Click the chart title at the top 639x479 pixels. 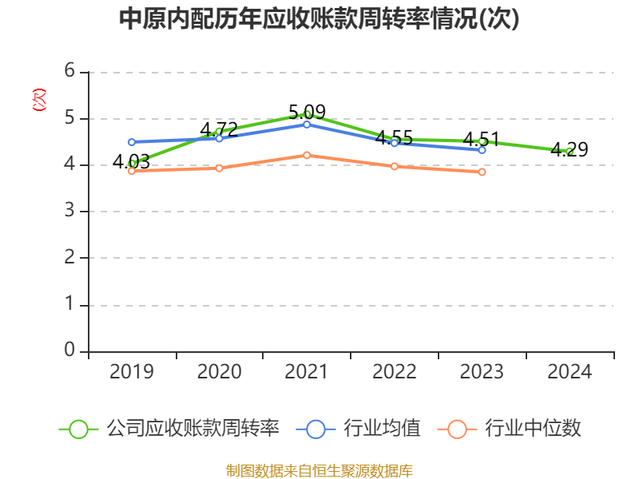point(319,19)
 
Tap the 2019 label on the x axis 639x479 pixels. point(132,371)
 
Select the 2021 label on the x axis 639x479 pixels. point(307,371)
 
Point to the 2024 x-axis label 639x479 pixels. point(570,371)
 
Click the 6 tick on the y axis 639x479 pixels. point(69,71)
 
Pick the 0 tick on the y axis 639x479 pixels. point(69,350)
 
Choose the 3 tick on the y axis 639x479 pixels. point(69,211)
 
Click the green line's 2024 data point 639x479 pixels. point(570,151)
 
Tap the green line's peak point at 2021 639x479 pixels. point(307,114)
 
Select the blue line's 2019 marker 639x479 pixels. point(132,142)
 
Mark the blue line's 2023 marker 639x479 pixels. point(482,149)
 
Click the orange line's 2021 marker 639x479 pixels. point(307,155)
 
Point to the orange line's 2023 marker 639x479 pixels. point(482,172)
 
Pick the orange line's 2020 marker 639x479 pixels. point(219,168)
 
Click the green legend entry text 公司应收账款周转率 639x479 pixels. point(193,429)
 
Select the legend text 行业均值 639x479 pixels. point(382,429)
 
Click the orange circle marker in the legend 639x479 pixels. point(457,429)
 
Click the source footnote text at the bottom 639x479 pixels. point(319,470)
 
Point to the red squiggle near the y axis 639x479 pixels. point(38,100)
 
